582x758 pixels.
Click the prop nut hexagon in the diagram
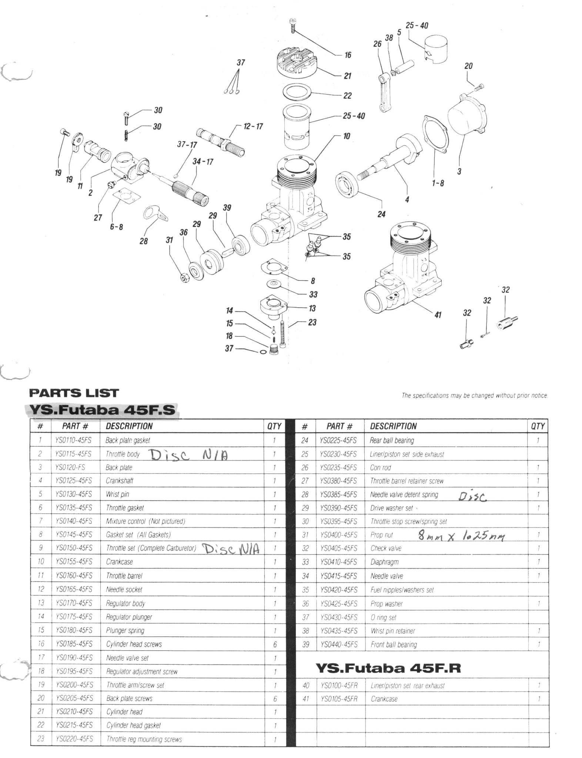coord(184,276)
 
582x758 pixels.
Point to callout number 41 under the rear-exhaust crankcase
coord(438,315)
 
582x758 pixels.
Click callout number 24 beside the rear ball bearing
coord(381,214)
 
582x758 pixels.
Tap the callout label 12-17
coord(253,127)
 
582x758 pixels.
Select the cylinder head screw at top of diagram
coord(292,26)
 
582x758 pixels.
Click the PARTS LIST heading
coord(74,393)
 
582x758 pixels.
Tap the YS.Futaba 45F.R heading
coord(388,668)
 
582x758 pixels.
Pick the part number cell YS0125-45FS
coord(74,480)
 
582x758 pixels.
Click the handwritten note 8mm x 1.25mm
coord(461,536)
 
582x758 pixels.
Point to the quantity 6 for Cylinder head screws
coord(275,644)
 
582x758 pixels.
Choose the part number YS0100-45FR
coord(339,685)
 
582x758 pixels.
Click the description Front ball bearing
coord(394,644)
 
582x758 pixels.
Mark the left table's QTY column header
coord(274,426)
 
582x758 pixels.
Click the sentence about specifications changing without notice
coord(475,396)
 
